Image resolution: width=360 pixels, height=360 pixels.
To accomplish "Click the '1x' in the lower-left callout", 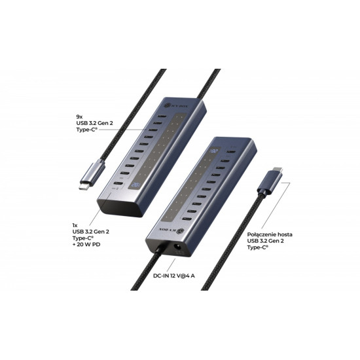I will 75,224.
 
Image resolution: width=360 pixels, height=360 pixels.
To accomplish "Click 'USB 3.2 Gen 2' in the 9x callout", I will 96,127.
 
